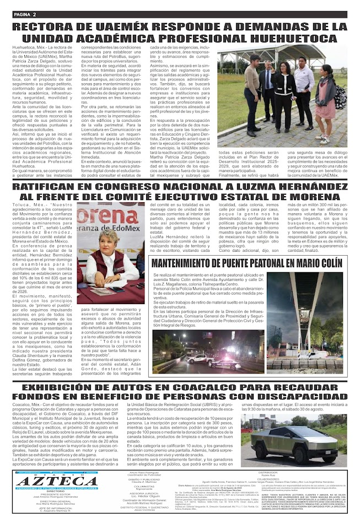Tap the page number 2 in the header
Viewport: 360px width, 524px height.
coord(34,14)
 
